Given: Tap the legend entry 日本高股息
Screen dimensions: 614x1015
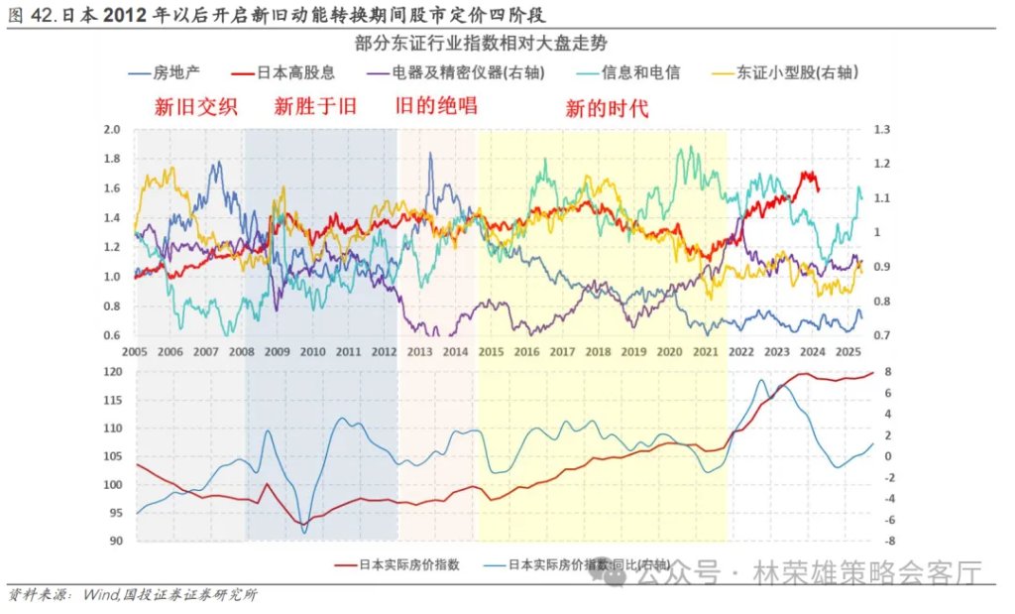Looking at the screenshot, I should click(294, 72).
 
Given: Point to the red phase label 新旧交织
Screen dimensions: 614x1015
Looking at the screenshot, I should click(195, 106).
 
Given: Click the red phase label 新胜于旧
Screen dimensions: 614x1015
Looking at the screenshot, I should click(315, 106).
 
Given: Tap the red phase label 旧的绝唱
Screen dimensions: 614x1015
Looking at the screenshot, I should click(436, 105).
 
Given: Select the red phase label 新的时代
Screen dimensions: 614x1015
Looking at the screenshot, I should click(607, 108).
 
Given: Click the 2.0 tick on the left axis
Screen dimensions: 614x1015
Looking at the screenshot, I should click(111, 130).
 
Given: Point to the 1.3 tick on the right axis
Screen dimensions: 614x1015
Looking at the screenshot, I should click(880, 130).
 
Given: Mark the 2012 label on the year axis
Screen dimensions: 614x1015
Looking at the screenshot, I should click(384, 352).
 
